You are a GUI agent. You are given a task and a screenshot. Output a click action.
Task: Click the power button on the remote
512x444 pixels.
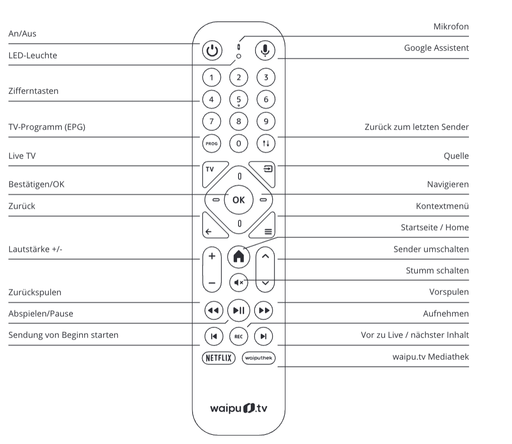click(212, 51)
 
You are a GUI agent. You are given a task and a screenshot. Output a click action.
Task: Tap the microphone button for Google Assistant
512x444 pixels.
click(265, 51)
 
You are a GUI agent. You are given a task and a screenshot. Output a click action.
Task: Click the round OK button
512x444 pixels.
click(238, 200)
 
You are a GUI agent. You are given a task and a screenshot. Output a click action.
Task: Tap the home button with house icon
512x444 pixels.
click(238, 256)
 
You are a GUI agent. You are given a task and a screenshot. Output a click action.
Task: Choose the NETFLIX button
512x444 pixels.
click(218, 358)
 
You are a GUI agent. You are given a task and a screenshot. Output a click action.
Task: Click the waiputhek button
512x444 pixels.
click(258, 358)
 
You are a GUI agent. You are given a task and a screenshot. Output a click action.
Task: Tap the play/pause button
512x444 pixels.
click(238, 311)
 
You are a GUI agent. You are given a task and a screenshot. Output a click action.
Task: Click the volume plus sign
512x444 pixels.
click(212, 256)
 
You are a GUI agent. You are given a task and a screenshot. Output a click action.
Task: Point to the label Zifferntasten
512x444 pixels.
click(34, 91)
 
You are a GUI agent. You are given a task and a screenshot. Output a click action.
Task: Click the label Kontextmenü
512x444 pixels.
click(442, 206)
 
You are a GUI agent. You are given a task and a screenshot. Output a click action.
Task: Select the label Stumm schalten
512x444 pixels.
click(437, 271)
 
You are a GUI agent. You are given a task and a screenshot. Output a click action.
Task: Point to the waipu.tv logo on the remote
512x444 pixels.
click(238, 408)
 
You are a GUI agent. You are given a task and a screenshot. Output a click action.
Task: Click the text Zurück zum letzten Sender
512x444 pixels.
click(416, 127)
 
